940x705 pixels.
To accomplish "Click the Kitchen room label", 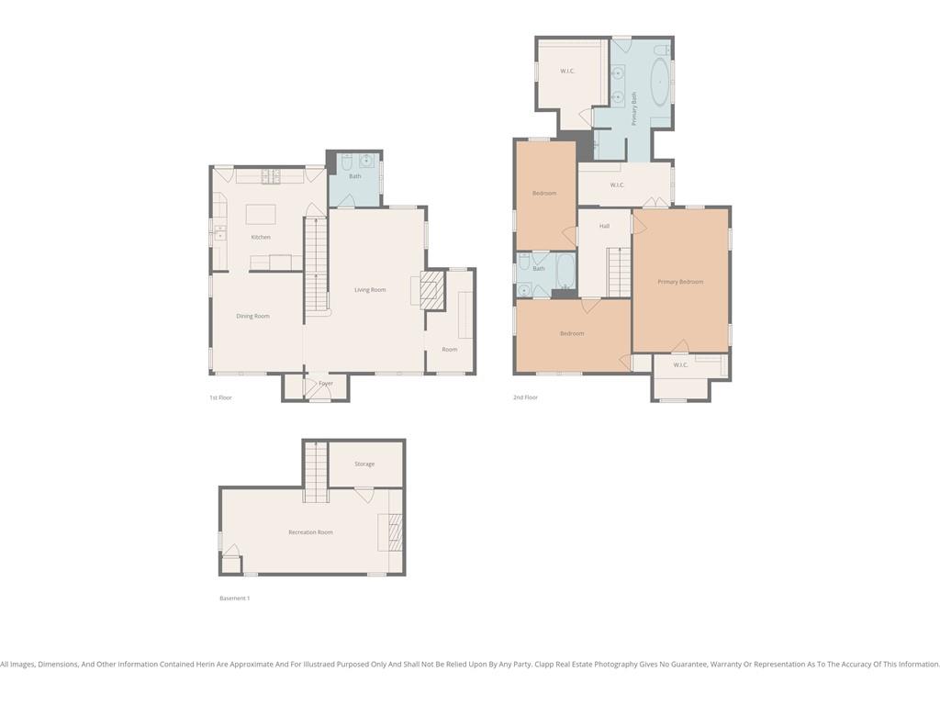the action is click(x=261, y=238).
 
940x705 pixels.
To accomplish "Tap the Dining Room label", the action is click(x=253, y=316).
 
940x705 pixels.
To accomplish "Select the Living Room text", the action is click(x=370, y=290).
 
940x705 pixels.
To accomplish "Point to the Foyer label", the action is click(x=326, y=383).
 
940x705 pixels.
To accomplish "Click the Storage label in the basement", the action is click(x=364, y=464).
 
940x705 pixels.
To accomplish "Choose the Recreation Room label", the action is click(x=310, y=532).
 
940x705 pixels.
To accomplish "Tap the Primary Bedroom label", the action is click(x=680, y=282).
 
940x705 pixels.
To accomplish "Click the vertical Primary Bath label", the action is click(x=633, y=108).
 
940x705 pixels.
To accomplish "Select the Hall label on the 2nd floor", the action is click(x=604, y=226).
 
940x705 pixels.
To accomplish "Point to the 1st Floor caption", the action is click(x=220, y=397).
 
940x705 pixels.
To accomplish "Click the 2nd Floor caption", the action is click(x=526, y=397).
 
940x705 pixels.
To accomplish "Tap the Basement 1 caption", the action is click(x=234, y=599).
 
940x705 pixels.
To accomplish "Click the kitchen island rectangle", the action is click(x=261, y=214).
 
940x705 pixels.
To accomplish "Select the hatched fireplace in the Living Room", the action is click(x=432, y=290).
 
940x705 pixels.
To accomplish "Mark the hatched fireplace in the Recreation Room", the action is click(x=395, y=532).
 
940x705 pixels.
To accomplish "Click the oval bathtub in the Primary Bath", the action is click(x=661, y=82).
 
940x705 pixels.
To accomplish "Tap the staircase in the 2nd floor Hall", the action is click(x=620, y=272).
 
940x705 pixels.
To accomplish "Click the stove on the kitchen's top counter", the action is click(x=271, y=176).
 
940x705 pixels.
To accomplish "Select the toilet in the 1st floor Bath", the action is click(x=346, y=162).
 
